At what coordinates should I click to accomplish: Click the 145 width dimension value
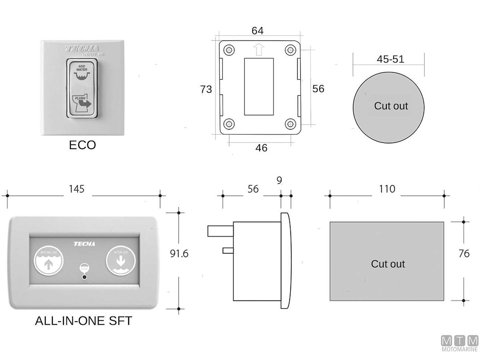[x=76, y=189]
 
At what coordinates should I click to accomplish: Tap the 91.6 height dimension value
[x=179, y=253]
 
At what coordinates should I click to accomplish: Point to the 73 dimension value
[x=206, y=90]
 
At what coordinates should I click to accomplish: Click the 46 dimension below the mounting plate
[x=261, y=148]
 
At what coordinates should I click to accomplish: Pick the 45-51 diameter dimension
[x=390, y=59]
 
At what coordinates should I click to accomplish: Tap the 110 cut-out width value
[x=386, y=189]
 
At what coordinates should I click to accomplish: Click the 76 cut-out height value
[x=464, y=254]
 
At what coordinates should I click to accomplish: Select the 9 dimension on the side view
[x=279, y=180]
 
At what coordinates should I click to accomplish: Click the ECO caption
[x=82, y=145]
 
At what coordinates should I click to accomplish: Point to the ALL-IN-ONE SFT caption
[x=84, y=321]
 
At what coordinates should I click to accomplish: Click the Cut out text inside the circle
[x=391, y=106]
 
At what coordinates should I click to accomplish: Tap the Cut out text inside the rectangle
[x=388, y=264]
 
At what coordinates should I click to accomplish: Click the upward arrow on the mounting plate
[x=259, y=50]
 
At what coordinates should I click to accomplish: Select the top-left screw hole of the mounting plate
[x=229, y=50]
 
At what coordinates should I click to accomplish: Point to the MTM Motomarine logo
[x=459, y=344]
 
